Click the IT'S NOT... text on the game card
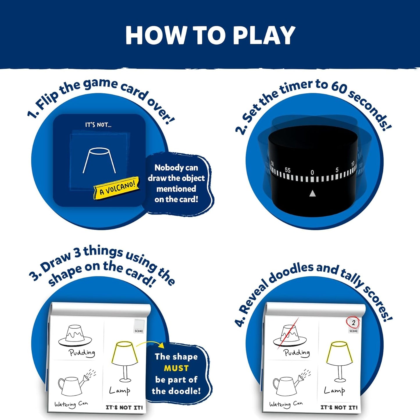tap(98, 125)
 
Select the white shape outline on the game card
tap(99, 160)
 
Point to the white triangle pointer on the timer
tap(312, 193)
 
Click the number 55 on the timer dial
tap(287, 170)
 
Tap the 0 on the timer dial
tap(312, 172)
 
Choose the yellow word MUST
tap(176, 368)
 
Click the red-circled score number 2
tap(353, 323)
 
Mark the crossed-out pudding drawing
tap(289, 336)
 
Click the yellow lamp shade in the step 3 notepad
tap(124, 353)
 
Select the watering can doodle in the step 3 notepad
tap(76, 384)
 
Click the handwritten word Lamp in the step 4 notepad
tap(335, 391)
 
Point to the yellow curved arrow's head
tap(161, 345)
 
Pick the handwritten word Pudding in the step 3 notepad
tap(82, 353)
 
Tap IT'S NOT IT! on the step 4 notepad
tap(339, 408)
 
